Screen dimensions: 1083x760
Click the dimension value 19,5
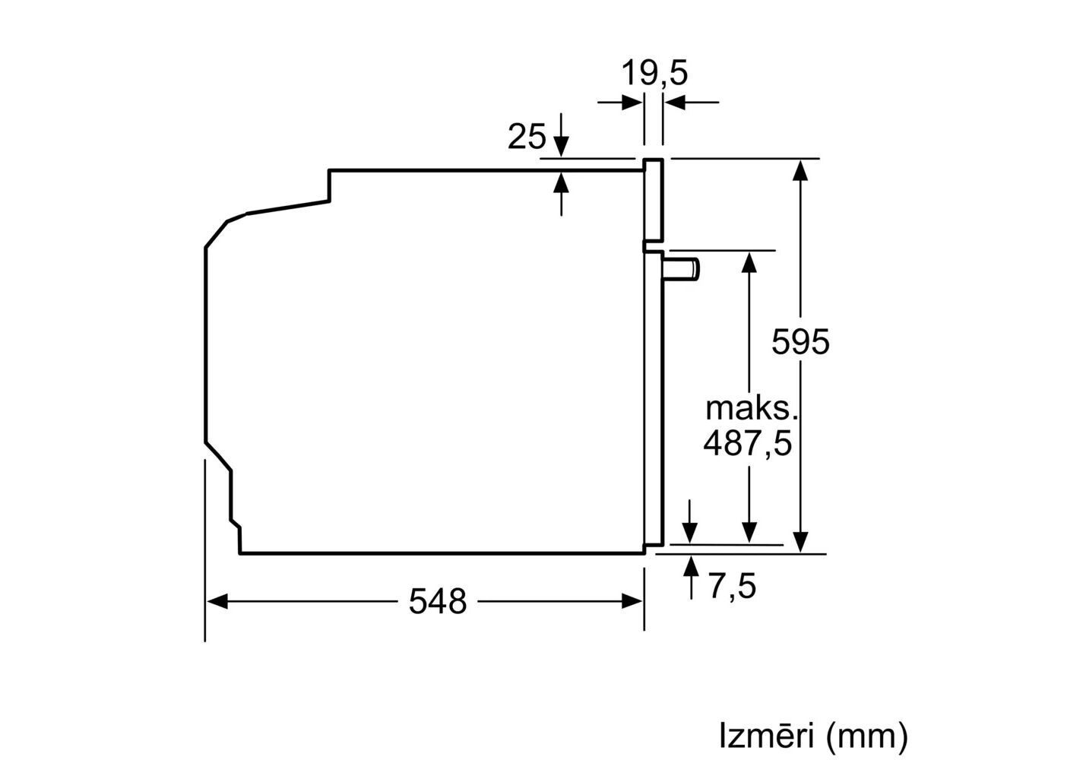click(654, 74)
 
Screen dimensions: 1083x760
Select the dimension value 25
click(527, 136)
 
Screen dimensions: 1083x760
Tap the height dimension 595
click(800, 342)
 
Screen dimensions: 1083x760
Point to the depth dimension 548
click(438, 601)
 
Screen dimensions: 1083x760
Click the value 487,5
click(748, 443)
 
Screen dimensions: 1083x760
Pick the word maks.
click(751, 409)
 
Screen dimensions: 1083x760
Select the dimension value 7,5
click(733, 586)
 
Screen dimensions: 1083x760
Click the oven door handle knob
click(681, 269)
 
